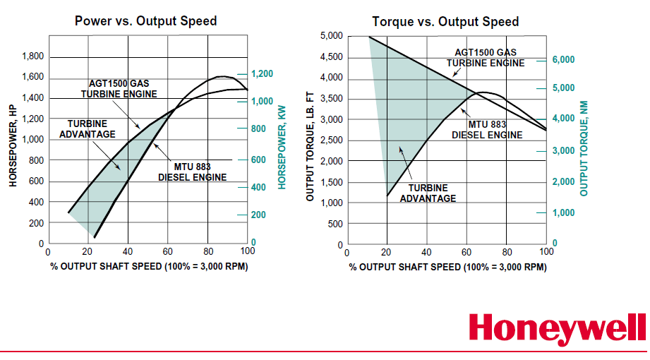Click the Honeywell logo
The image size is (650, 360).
(x=557, y=330)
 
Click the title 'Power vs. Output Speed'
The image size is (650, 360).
(x=146, y=21)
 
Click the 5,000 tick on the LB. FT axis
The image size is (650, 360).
(x=332, y=36)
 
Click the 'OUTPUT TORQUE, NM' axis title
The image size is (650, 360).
(x=584, y=148)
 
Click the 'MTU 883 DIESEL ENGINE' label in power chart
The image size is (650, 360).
(x=192, y=172)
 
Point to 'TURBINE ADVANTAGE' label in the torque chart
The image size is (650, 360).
(x=428, y=193)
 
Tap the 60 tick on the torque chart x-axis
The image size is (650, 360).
(x=467, y=252)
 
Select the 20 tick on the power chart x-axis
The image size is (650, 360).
(x=88, y=252)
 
